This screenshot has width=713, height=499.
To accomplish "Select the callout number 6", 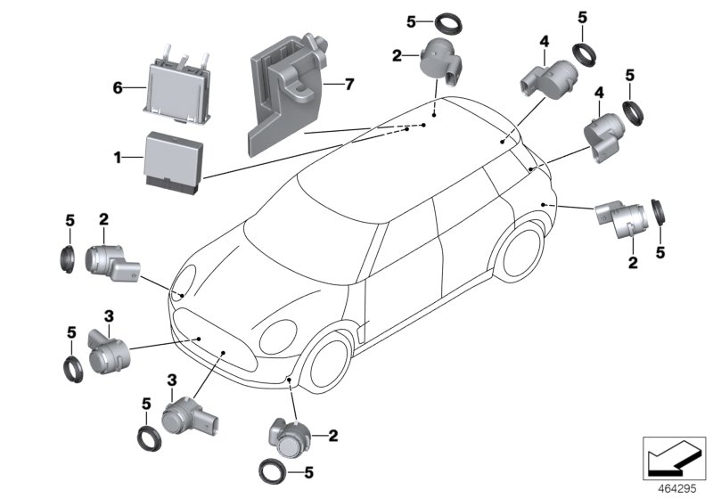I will pos(116,87).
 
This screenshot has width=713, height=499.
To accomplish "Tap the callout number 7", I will pos(349,86).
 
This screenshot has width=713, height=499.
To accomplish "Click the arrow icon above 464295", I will pos(674,457).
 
